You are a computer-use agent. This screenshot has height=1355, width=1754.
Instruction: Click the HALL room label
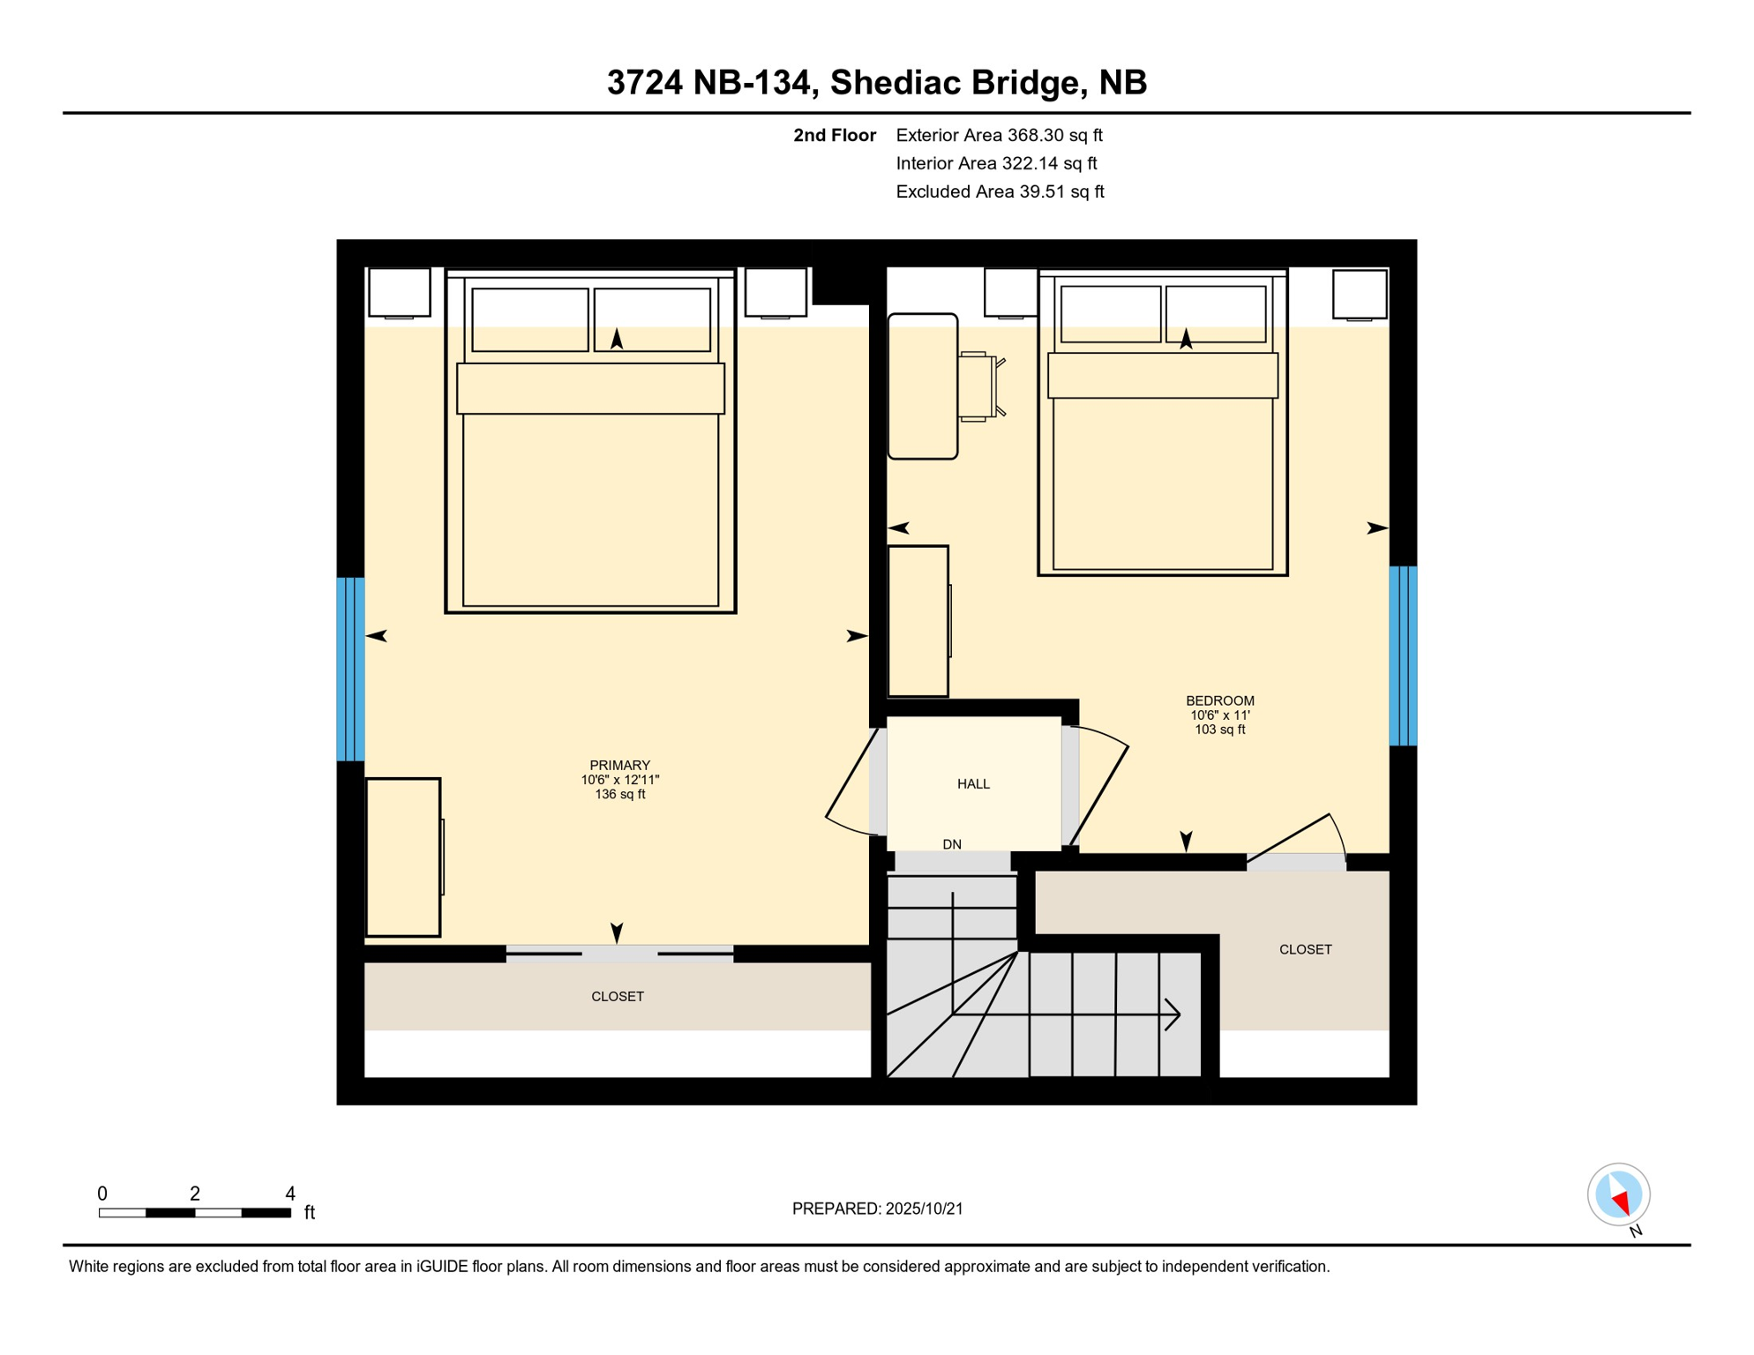point(973,783)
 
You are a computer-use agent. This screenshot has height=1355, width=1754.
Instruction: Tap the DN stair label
point(951,844)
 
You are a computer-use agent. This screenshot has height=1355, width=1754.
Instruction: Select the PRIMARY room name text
point(619,765)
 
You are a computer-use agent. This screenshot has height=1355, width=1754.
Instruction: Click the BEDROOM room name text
point(1219,700)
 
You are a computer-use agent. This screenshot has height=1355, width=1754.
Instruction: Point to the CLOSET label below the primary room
point(617,996)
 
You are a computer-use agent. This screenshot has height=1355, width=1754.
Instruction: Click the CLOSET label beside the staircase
point(1305,949)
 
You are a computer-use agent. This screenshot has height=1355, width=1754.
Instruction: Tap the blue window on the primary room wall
point(350,669)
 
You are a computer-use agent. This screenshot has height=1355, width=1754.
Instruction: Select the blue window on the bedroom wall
point(1403,655)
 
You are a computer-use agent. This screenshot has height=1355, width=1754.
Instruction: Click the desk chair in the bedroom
point(980,386)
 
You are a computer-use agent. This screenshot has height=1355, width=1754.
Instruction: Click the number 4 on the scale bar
point(289,1194)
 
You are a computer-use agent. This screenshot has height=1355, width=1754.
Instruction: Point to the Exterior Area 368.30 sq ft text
point(999,135)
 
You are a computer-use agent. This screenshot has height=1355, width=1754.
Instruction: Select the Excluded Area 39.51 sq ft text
point(1000,191)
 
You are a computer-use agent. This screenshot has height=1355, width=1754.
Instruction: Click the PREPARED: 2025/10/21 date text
point(877,1209)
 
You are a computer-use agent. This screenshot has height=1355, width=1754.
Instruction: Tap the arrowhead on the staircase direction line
point(1173,1014)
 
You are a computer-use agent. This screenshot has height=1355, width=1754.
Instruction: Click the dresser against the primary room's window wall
point(403,857)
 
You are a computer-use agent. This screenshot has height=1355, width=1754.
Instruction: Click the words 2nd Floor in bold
point(834,135)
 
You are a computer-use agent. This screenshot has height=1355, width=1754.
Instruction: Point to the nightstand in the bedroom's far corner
point(1359,295)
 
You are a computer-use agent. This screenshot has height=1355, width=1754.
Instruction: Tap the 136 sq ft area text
point(619,794)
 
